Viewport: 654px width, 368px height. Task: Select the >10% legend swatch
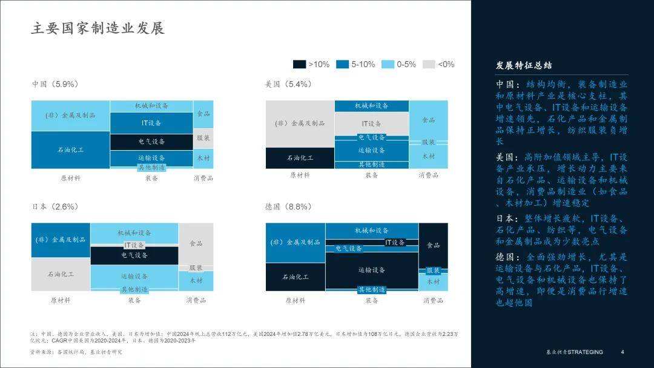(x=300, y=64)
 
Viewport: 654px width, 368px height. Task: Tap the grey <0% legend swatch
(x=429, y=64)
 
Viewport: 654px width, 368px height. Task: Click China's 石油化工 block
(x=70, y=149)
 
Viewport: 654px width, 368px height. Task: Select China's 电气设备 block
(x=151, y=142)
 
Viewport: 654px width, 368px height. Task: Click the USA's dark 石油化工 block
(x=300, y=157)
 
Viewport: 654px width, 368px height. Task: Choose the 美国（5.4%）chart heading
(x=288, y=84)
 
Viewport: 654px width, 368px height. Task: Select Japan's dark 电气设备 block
(x=134, y=256)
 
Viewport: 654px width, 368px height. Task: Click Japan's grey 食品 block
(x=196, y=243)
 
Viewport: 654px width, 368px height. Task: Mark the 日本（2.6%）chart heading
(x=55, y=206)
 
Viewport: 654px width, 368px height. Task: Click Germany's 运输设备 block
(x=371, y=269)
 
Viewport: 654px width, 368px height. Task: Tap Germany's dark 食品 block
(x=433, y=245)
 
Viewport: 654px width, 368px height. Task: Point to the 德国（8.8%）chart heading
(x=288, y=206)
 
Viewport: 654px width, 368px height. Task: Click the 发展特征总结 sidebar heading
(x=523, y=65)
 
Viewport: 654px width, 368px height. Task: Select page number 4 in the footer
(x=622, y=352)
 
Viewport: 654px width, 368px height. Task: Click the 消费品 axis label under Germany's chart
(x=433, y=300)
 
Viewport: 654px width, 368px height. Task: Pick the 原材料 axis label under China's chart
(x=70, y=178)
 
